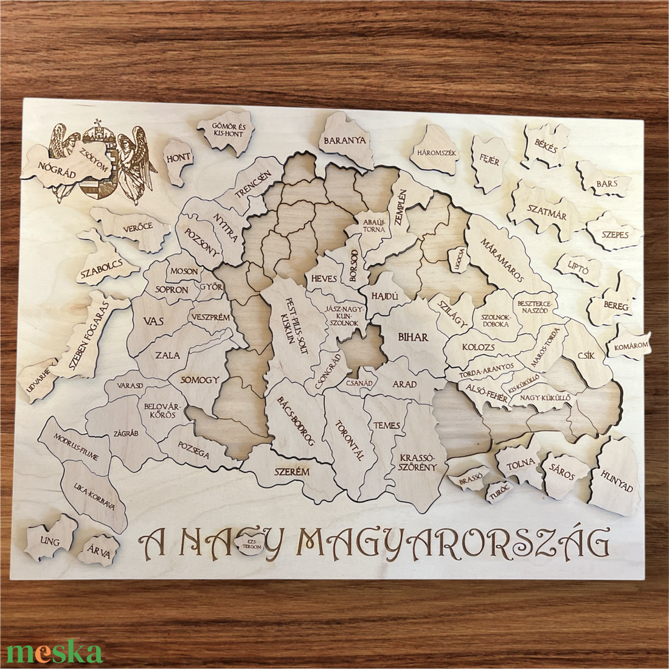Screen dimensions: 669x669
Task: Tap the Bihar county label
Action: point(413,337)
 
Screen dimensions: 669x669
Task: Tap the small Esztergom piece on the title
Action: point(251,543)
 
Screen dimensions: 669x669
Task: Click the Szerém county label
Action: point(292,472)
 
